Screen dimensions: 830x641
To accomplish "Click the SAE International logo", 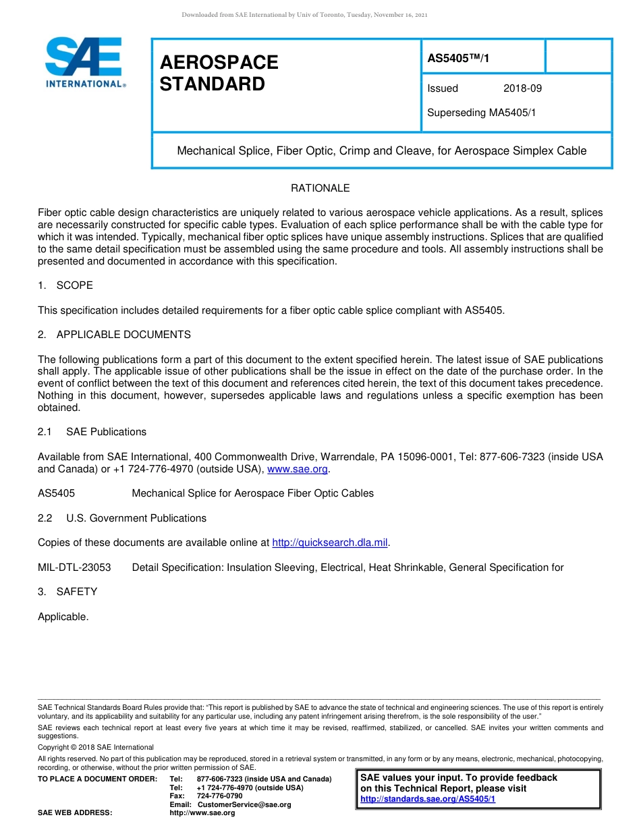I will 85,63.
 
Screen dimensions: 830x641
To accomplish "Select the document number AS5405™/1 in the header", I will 458,59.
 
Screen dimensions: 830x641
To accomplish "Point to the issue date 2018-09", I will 522,88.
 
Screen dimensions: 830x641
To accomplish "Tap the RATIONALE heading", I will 320,188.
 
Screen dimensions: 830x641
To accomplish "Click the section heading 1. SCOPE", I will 65,285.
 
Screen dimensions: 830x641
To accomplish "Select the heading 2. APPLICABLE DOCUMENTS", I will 114,335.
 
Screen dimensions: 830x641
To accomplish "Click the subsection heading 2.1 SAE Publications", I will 92,432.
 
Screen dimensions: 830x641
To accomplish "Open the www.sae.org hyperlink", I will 297,469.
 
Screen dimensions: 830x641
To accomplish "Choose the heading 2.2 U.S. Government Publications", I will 122,518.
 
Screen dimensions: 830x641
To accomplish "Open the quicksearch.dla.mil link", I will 330,543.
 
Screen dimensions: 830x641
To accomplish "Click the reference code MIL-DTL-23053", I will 74,568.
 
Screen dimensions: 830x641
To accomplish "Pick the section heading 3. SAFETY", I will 67,592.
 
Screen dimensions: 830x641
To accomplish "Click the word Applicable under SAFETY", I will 63,617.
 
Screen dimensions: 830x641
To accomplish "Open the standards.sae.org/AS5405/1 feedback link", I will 428,799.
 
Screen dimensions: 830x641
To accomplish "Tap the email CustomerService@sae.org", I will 244,804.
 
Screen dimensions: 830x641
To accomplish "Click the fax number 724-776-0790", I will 219,796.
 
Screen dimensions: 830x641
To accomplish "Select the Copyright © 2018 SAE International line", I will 96,747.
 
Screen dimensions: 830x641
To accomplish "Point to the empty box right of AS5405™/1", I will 578,56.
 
